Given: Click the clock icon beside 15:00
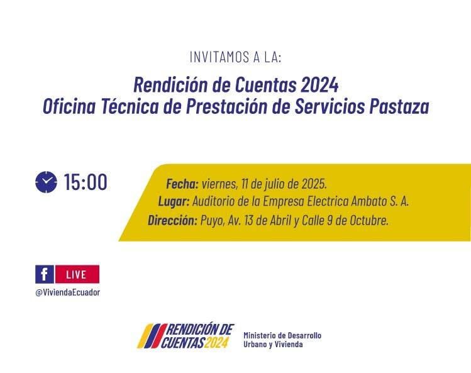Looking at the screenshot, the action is point(46,182).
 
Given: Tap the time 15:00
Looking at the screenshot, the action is point(86,182).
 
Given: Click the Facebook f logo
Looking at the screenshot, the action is point(45,274).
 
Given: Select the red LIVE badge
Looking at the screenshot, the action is point(77,274).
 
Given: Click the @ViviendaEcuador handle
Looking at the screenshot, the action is point(67,292).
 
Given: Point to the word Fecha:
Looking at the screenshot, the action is point(182,184).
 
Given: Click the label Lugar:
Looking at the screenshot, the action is point(174,201).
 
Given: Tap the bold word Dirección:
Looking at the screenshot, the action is point(172,220).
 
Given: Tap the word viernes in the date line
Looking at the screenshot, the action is point(219,184).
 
